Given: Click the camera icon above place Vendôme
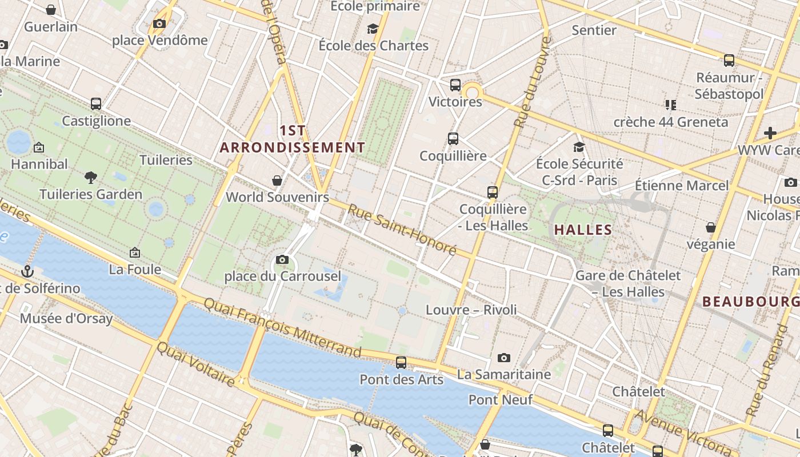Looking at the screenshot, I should click(x=159, y=23).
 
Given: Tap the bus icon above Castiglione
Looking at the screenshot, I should click(x=96, y=104).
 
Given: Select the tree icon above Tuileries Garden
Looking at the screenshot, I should click(x=90, y=177).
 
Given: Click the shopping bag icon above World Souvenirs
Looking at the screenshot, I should click(x=277, y=181).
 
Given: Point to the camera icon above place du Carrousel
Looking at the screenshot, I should click(x=282, y=259).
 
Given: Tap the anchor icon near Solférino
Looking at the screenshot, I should click(x=27, y=271).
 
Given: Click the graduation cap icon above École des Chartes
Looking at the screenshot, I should click(x=373, y=29).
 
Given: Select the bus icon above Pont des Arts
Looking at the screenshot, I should click(x=401, y=362).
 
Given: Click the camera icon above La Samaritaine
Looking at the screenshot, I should click(x=503, y=358).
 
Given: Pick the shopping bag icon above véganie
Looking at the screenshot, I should click(x=711, y=227).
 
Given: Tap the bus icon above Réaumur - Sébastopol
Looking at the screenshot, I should click(x=729, y=60).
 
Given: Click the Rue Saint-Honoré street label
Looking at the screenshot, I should click(x=402, y=230).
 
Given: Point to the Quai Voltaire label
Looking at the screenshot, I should click(x=195, y=363).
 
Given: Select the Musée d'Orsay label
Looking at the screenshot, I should click(x=66, y=318).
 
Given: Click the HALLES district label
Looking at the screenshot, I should click(x=583, y=230).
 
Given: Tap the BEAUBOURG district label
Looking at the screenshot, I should click(x=750, y=301).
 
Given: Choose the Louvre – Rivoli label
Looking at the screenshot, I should click(x=471, y=310).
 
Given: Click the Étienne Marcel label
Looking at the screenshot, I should click(x=682, y=185).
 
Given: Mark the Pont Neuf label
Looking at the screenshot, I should click(x=501, y=399).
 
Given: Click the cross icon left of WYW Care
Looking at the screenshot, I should click(x=770, y=133).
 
